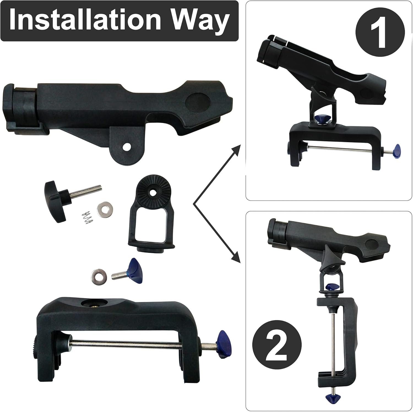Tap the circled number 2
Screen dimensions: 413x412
tap(277, 344)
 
